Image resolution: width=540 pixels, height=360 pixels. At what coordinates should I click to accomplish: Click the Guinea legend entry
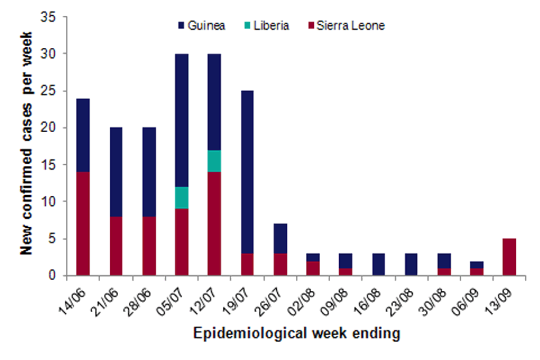pyautogui.click(x=201, y=26)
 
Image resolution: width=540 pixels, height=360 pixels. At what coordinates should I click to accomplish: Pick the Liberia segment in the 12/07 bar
pyautogui.click(x=214, y=161)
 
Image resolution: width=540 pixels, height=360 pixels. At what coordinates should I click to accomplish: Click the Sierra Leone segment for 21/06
pyautogui.click(x=116, y=246)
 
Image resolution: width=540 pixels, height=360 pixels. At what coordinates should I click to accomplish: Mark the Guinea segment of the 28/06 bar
pyautogui.click(x=148, y=172)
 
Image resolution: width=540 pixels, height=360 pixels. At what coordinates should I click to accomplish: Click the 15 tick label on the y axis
pyautogui.click(x=52, y=165)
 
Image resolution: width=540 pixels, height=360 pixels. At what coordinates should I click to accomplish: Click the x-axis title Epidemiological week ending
pyautogui.click(x=296, y=334)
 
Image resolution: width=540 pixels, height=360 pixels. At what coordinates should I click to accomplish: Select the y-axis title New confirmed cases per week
pyautogui.click(x=27, y=143)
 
